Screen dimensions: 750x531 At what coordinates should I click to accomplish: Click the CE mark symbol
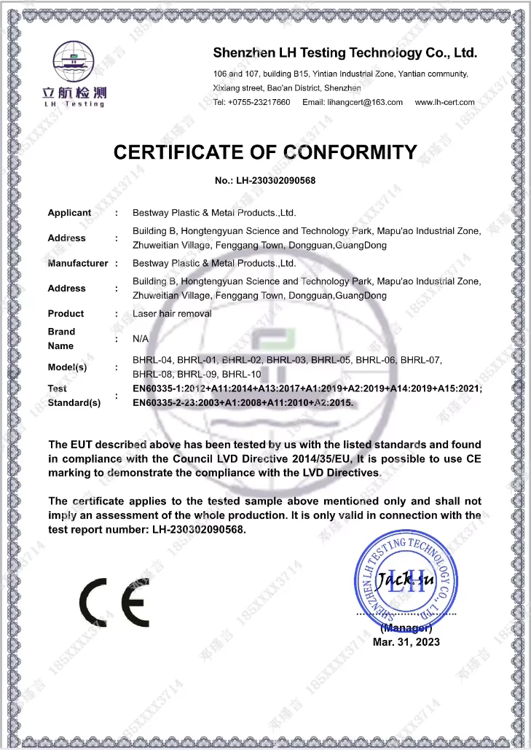point(114,602)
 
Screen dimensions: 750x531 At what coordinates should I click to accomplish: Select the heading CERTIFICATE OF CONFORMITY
point(265,152)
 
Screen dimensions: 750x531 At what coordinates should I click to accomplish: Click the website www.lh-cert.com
point(444,102)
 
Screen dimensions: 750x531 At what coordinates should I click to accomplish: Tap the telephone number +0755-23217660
point(251,102)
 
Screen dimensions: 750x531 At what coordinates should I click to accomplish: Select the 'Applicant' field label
point(69,213)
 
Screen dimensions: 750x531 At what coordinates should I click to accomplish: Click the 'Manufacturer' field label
point(78,263)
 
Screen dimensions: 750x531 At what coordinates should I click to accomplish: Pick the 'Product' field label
point(66,313)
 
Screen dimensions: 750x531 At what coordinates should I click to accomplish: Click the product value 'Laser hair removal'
point(172,313)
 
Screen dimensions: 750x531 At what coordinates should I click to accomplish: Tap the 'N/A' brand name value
point(141,339)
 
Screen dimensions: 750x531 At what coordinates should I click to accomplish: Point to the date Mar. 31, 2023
point(406,642)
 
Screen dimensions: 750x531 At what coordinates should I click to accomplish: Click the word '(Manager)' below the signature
point(406,628)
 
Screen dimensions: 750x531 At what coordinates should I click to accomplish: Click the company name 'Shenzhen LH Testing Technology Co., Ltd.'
point(345,52)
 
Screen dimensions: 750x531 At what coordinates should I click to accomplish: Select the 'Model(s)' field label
point(67,367)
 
